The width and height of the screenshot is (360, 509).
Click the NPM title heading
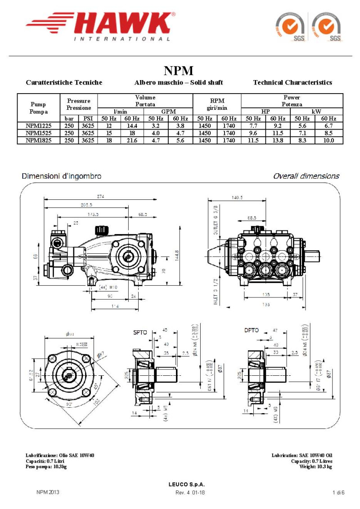pos(178,71)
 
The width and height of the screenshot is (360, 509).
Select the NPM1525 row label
pos(38,133)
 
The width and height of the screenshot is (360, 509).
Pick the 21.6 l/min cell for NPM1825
pos(132,140)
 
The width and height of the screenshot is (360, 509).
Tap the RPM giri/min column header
pos(217,104)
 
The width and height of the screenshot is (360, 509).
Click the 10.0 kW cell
pos(328,140)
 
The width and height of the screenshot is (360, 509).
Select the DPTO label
pos(252,331)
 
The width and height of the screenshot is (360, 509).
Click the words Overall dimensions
pos(306,176)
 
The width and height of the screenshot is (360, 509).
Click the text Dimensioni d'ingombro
pos(62,176)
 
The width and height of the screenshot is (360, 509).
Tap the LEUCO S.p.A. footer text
pos(186,484)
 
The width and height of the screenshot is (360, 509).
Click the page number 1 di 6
pos(338,492)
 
